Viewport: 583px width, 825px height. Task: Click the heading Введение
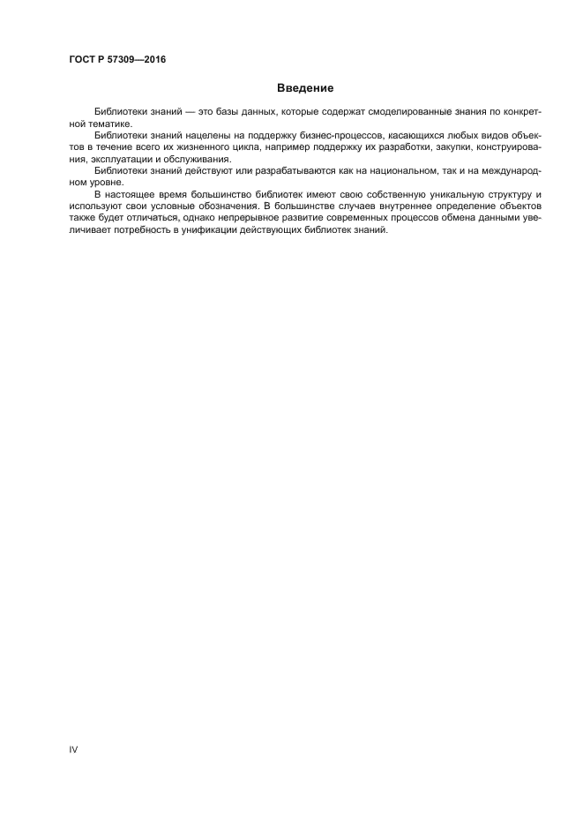point(305,88)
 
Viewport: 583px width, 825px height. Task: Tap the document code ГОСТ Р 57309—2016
point(116,60)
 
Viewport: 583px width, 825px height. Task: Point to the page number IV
point(74,749)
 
